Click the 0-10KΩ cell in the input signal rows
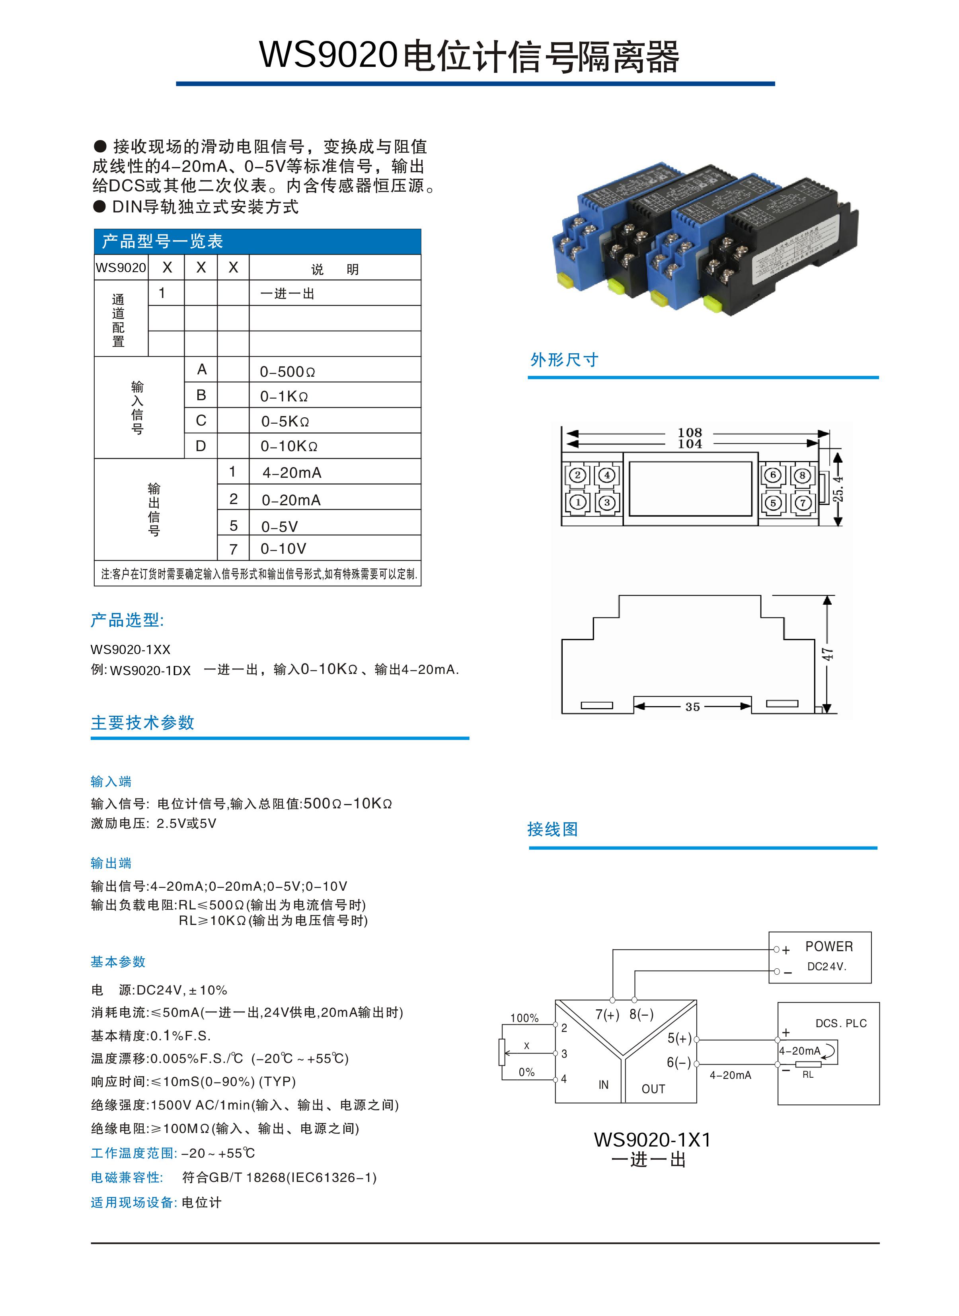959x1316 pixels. point(288,446)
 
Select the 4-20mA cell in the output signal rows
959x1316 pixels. point(291,473)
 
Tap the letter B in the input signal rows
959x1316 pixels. point(201,395)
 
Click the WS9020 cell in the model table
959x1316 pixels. point(121,267)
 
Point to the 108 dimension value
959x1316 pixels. point(689,432)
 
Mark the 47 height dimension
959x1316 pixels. point(827,654)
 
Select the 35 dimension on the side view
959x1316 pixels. point(692,707)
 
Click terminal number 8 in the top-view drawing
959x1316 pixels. point(802,476)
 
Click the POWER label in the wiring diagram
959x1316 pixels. point(829,946)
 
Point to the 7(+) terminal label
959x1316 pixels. point(607,1014)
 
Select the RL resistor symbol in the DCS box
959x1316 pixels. point(808,1064)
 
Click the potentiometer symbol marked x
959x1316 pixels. point(502,1053)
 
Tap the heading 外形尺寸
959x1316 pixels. point(564,360)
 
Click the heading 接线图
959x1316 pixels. point(552,829)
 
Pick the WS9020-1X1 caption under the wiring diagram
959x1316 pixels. point(652,1140)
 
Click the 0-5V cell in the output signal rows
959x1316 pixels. point(279,526)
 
